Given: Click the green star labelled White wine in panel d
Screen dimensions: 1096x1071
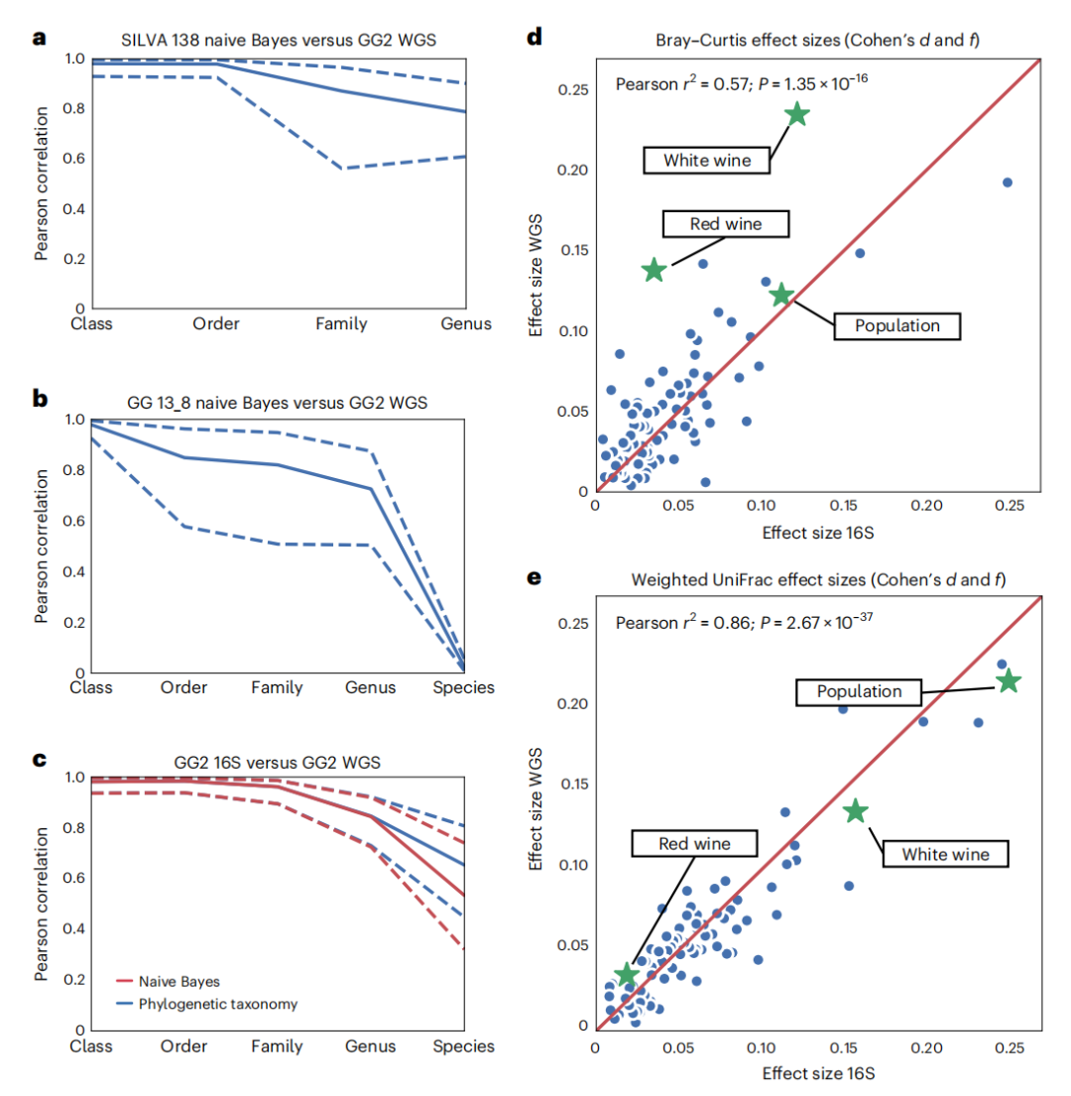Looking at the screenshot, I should pyautogui.click(x=796, y=114).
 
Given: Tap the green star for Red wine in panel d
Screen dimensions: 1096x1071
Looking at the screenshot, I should pyautogui.click(x=654, y=270).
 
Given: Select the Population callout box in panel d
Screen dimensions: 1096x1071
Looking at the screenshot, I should pyautogui.click(x=896, y=325).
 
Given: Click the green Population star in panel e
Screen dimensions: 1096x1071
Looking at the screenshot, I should pyautogui.click(x=1009, y=680).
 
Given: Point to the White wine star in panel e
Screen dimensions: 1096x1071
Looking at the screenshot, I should pyautogui.click(x=855, y=811).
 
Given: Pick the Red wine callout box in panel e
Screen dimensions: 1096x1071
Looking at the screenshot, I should pyautogui.click(x=694, y=844).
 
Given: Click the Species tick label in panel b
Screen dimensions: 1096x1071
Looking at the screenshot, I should pyautogui.click(x=465, y=687).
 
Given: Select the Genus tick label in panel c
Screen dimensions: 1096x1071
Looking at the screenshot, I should pyautogui.click(x=370, y=1045).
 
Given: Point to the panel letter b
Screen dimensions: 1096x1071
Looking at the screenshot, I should pyautogui.click(x=41, y=399).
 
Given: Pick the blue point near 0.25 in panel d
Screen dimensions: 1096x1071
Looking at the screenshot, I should pyautogui.click(x=1007, y=183).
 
